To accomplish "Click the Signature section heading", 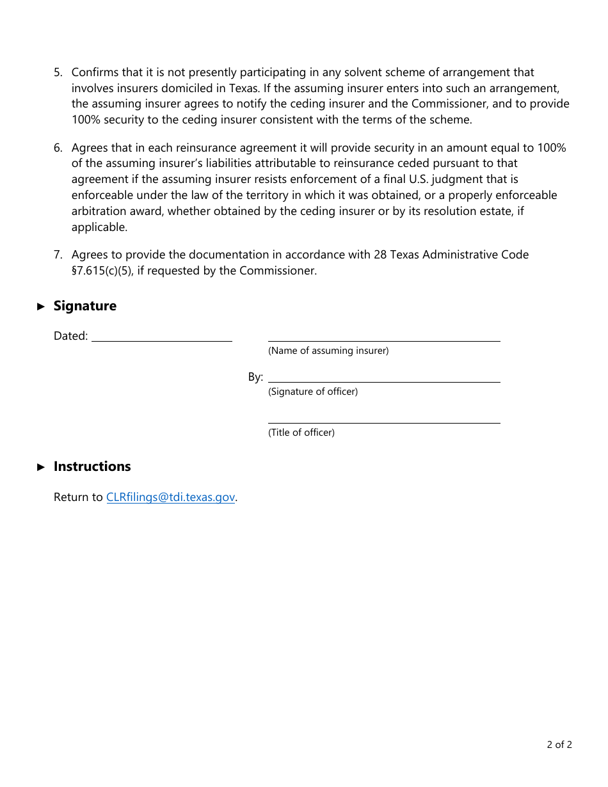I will point(84,306).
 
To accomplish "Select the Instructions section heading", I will point(92,466).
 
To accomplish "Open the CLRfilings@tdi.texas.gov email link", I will point(170,497).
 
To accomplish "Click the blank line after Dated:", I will point(162,337).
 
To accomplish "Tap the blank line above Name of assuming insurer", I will point(384,337).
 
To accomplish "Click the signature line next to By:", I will point(384,378).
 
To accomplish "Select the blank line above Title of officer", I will point(384,418).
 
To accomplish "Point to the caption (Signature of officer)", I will point(313,392).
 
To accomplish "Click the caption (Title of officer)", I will point(301,433).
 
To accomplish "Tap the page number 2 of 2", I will point(559,744).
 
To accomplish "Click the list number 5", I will point(58,73).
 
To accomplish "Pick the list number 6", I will point(58,148).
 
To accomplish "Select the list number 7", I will point(58,255).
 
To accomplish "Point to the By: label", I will point(255,377).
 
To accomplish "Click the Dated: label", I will point(70,336).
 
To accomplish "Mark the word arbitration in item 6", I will point(98,211).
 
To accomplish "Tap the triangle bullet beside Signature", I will point(42,306).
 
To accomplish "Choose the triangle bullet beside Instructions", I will point(42,467).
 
